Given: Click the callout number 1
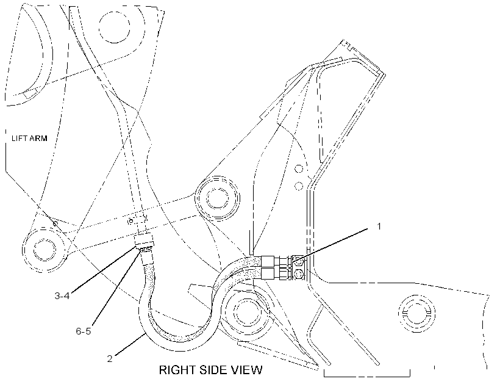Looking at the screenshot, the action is [x=379, y=226].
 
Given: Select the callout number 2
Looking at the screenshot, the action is [x=110, y=358].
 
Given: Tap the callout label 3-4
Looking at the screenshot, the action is [x=62, y=295].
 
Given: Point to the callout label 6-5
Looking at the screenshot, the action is [x=83, y=331].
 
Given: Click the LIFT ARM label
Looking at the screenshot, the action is [x=29, y=139].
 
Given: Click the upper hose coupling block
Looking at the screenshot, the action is [x=268, y=261].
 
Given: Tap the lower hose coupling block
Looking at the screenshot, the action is [x=268, y=273].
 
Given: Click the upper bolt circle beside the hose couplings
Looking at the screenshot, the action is [x=298, y=261].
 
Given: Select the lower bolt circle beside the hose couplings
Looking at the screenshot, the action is [x=298, y=274].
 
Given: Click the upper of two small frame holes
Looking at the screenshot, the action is [x=299, y=168].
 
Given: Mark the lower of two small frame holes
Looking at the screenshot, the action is [x=299, y=186].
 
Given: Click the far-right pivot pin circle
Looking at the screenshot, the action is [x=416, y=313].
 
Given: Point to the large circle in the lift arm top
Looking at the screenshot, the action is [x=115, y=26].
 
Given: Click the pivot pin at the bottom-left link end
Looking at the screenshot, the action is [x=45, y=250].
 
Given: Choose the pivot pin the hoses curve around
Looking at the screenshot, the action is [x=246, y=309].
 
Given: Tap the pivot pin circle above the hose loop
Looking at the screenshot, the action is [x=218, y=198].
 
